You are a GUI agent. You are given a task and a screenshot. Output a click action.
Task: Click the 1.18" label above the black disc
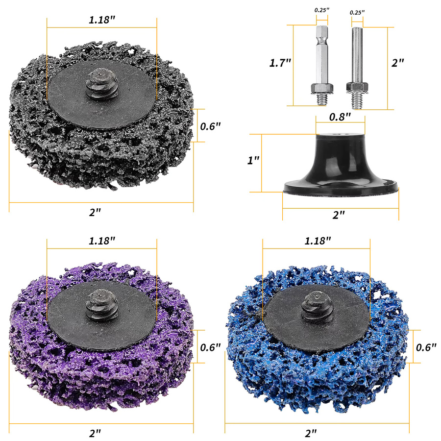tap(102, 20)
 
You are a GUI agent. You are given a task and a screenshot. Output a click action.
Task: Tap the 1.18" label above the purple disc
tap(102, 241)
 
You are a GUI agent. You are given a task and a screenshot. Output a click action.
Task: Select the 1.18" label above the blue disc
tap(318, 241)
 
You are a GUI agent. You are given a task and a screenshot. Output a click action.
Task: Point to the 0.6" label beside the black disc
tap(210, 126)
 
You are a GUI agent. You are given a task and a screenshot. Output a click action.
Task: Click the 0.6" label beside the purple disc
tap(210, 347)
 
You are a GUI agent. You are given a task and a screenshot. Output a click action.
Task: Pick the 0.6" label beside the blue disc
tap(426, 347)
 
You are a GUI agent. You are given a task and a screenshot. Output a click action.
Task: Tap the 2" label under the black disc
tap(95, 212)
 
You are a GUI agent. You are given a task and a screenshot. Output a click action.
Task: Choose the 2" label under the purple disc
tap(95, 433)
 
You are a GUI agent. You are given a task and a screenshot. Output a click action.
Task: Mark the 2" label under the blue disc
tap(311, 433)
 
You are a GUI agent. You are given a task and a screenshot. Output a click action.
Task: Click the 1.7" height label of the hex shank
tap(280, 63)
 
